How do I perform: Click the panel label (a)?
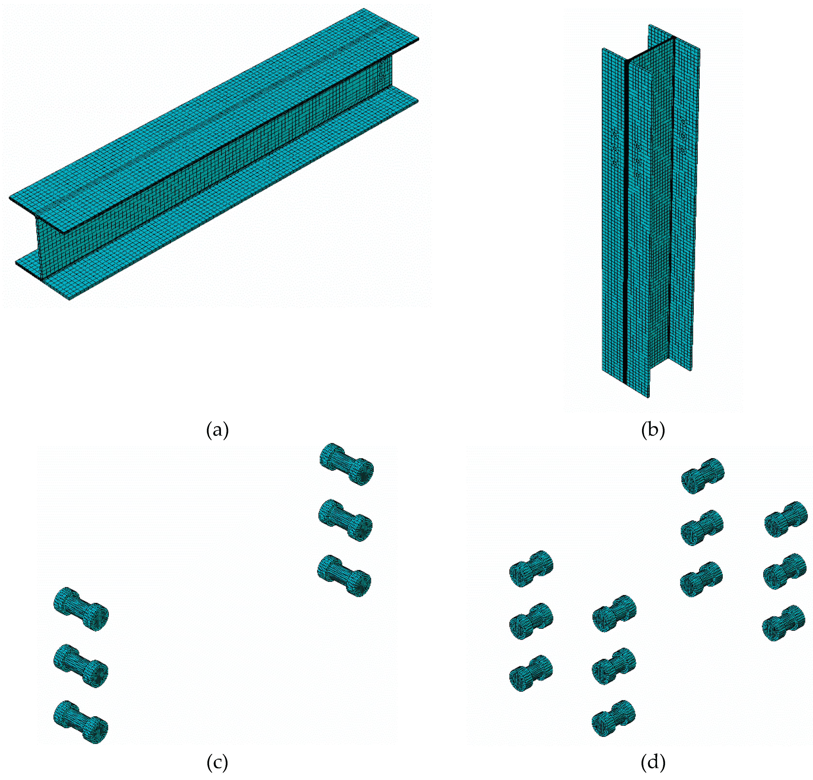tap(217, 430)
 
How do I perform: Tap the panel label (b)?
tap(653, 430)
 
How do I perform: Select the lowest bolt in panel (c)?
tap(81, 722)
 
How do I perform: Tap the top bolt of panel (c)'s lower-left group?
tap(81, 609)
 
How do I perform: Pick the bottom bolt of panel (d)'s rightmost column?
tap(784, 623)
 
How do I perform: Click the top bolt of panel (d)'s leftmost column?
tap(531, 569)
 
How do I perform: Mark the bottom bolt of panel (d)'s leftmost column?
tap(531, 673)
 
